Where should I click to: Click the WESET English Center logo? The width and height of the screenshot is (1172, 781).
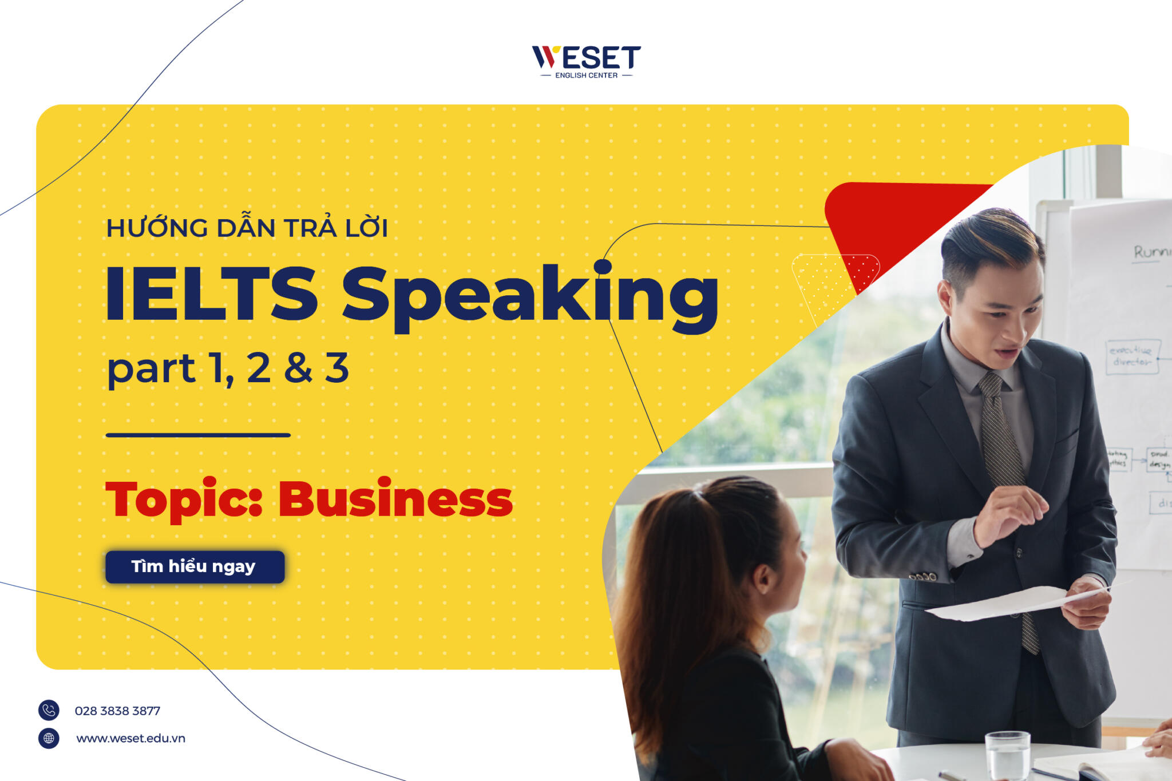click(586, 61)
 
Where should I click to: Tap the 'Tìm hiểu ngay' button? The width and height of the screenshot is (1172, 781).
click(195, 566)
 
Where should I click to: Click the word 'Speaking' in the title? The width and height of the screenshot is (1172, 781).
click(529, 295)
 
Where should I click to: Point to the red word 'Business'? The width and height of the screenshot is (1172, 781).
click(395, 499)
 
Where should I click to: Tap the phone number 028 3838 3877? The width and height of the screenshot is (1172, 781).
click(117, 711)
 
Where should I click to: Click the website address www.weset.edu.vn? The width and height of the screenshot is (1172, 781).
click(130, 738)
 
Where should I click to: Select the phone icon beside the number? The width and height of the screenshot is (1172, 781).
click(49, 710)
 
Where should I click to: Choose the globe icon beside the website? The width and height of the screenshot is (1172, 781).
click(49, 738)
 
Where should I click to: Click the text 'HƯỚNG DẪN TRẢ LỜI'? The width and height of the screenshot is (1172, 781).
click(247, 228)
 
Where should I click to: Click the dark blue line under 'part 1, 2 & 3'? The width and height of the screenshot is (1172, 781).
click(198, 435)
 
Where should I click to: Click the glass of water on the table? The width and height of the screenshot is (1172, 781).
click(1007, 755)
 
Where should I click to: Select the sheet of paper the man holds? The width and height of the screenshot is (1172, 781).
click(1007, 604)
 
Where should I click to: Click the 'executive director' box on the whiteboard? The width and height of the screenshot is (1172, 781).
click(1131, 356)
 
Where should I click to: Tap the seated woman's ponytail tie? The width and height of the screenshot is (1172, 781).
click(699, 491)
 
